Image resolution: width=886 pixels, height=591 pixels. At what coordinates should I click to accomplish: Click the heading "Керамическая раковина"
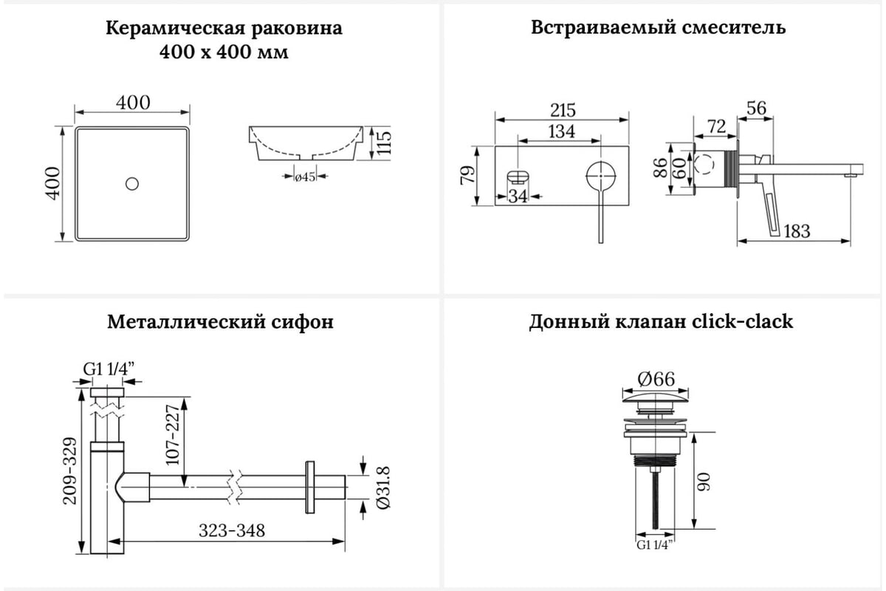[x=224, y=29]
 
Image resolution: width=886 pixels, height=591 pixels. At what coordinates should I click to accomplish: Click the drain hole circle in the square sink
[x=132, y=183]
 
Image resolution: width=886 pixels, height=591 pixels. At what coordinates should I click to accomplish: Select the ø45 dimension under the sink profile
[x=305, y=177]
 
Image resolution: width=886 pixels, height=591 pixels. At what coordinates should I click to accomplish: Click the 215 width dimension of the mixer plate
[x=563, y=110]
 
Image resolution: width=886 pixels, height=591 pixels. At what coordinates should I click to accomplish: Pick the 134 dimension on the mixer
[x=562, y=131]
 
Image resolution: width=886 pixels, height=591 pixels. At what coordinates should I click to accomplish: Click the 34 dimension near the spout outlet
[x=519, y=197]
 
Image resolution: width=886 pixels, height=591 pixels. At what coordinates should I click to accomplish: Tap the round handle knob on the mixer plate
[x=600, y=177]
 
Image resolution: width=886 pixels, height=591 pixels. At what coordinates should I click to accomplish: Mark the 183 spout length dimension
[x=796, y=231]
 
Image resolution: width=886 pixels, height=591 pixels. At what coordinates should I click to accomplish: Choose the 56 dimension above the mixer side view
[x=756, y=109]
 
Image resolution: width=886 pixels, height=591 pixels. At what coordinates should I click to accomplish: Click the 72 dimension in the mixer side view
[x=716, y=126]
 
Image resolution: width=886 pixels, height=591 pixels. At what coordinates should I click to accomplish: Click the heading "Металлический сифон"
[x=220, y=322]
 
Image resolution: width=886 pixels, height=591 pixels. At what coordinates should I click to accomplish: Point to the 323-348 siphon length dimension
[x=231, y=530]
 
